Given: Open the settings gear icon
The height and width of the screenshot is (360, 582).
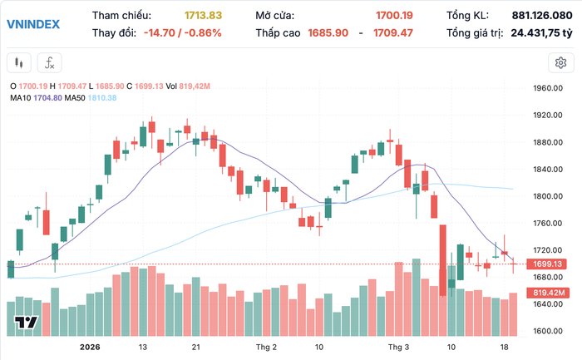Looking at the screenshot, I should pos(561,62).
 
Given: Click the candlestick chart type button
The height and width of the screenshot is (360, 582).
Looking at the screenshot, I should pos(20,62).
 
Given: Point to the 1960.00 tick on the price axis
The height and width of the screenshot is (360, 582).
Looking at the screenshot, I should pos(550,89).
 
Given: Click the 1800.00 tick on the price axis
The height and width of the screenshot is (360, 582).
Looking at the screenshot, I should pos(550,196).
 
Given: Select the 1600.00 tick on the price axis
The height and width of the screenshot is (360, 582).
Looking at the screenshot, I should pos(550,330).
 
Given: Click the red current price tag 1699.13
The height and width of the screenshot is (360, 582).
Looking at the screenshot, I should pos(550,264).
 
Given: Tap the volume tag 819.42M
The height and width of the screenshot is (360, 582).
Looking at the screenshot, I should pos(550,293).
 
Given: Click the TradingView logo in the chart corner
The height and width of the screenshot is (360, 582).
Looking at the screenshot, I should pos(27,323).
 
